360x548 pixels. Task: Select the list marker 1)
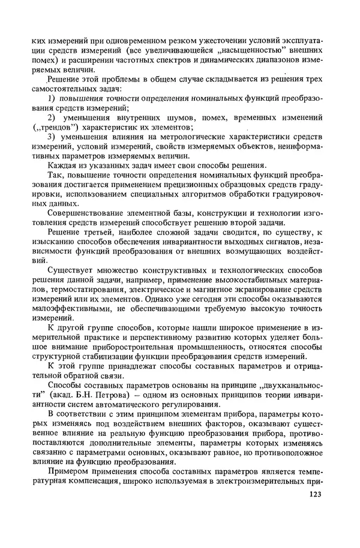point(52,98)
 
